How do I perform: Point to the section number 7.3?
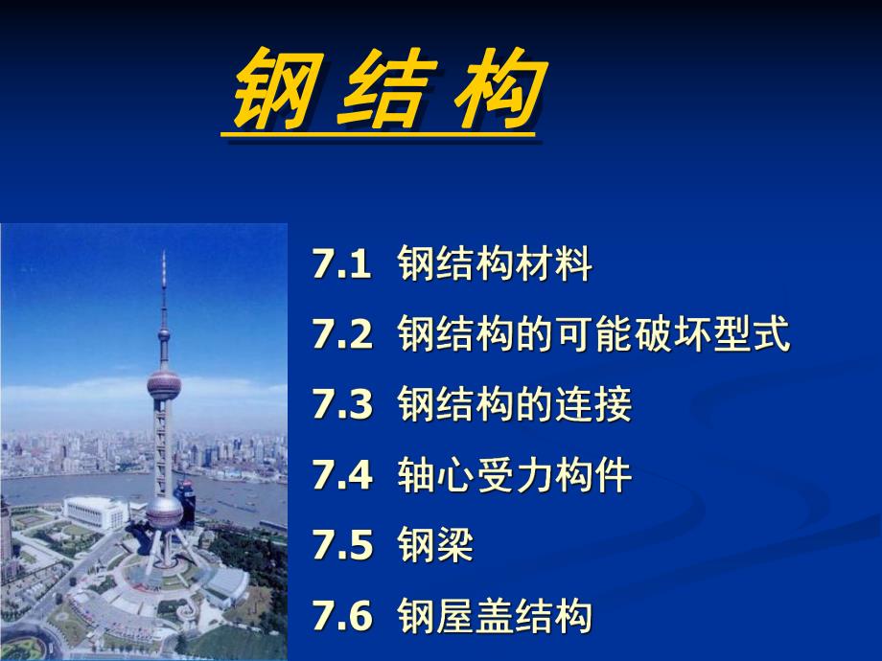tap(341, 405)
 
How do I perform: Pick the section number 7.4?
tap(341, 476)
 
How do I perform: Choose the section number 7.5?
tap(341, 547)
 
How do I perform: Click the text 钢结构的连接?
tap(515, 405)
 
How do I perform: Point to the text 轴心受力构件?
tap(515, 476)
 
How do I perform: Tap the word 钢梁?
tap(436, 547)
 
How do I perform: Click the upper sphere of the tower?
tap(164, 386)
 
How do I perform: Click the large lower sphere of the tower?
tap(164, 514)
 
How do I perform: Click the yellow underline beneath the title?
tap(378, 135)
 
